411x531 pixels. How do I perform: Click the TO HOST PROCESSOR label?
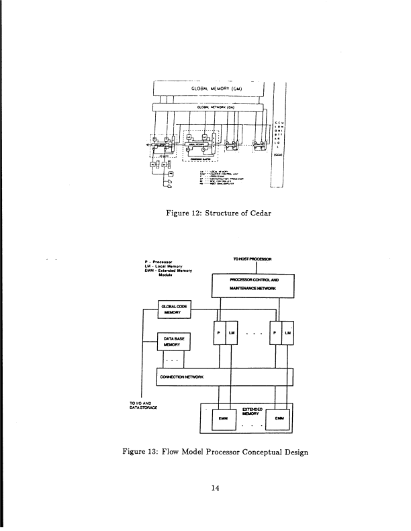(251, 258)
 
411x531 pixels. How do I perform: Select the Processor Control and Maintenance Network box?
(253, 285)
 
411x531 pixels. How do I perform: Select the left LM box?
(231, 334)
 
